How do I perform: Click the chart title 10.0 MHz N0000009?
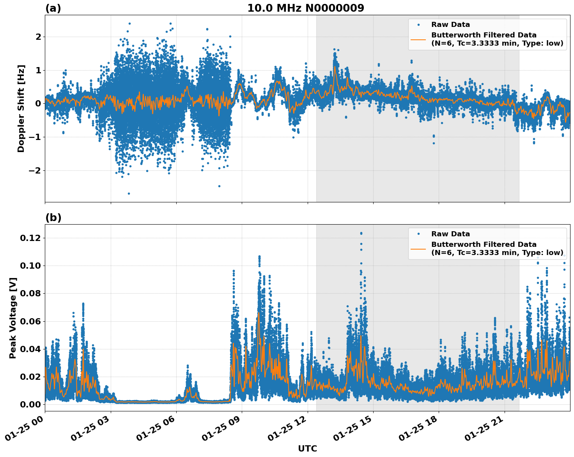(x=305, y=8)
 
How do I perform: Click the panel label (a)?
(x=53, y=8)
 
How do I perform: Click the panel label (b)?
(x=53, y=218)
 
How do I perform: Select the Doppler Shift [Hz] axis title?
(x=21, y=108)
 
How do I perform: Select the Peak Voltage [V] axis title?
(x=13, y=318)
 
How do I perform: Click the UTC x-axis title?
(x=307, y=448)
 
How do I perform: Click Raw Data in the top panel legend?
(x=450, y=25)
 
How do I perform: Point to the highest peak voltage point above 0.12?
(x=361, y=233)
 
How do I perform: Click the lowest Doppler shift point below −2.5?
(x=129, y=193)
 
